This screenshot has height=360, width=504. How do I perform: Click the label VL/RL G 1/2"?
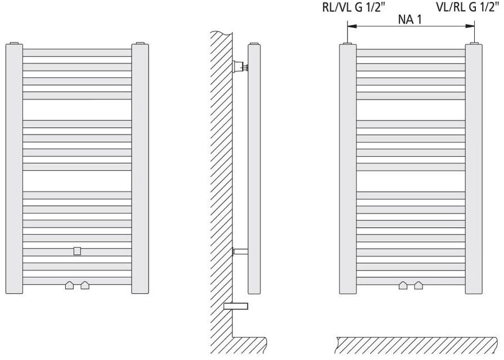click(x=469, y=7)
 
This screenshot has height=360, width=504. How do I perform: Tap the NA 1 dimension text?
click(x=411, y=20)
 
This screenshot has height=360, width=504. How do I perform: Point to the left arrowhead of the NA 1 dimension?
click(x=350, y=26)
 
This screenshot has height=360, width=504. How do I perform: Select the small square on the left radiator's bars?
click(x=77, y=251)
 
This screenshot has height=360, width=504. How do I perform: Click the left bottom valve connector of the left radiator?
click(x=69, y=285)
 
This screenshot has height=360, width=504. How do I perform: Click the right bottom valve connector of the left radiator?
click(x=85, y=285)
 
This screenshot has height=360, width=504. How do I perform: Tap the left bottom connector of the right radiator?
click(x=403, y=285)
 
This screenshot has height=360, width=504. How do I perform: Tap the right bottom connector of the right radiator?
click(x=418, y=285)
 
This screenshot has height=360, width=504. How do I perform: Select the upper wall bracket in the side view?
click(x=241, y=67)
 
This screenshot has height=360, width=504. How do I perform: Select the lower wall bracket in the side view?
click(x=240, y=252)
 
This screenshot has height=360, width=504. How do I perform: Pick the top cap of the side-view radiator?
click(x=254, y=43)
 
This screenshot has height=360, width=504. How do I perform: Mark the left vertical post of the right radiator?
click(x=348, y=169)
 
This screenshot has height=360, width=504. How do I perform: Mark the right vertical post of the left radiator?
click(x=140, y=169)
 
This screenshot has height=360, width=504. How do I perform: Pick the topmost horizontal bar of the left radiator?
click(x=77, y=52)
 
